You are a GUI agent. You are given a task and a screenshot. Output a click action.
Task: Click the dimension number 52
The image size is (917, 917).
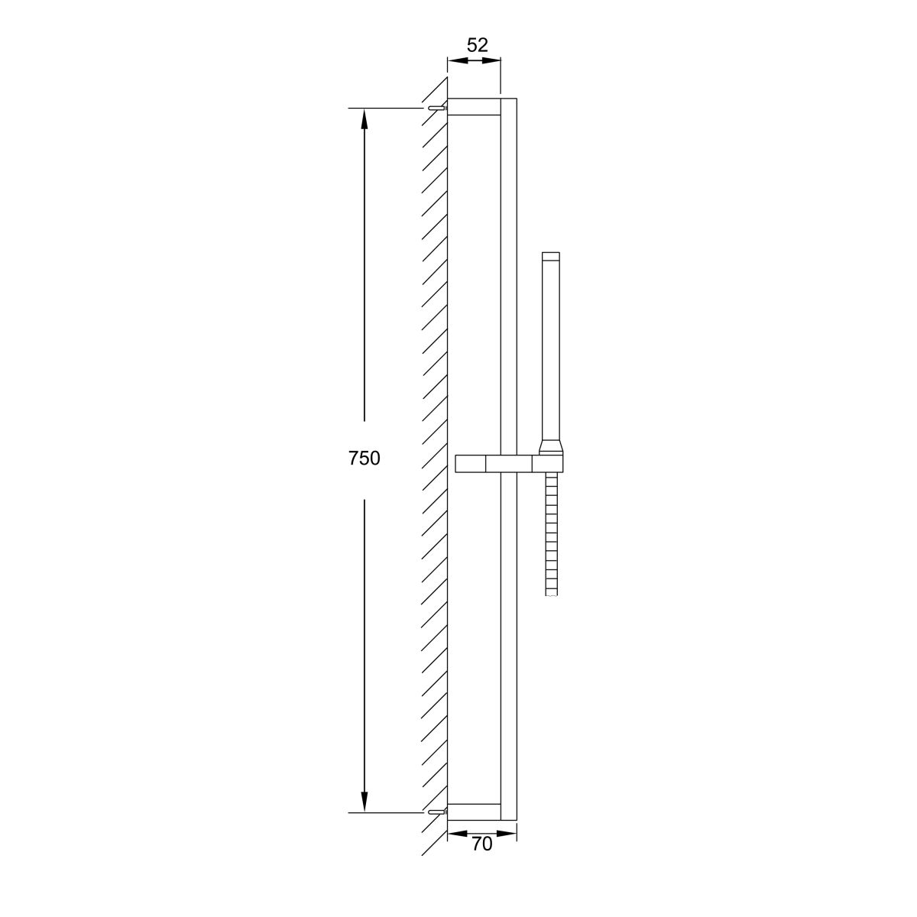coord(478,45)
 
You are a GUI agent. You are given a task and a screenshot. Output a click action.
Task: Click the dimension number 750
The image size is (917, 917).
coord(364,458)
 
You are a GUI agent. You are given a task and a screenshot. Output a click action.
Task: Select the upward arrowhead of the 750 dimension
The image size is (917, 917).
coord(365,119)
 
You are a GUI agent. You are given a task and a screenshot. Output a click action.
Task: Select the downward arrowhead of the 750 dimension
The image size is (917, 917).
coord(365,802)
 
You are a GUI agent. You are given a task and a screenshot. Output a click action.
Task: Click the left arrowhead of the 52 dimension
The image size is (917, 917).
coord(458,60)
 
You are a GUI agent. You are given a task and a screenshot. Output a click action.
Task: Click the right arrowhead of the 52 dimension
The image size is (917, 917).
coord(491,60)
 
